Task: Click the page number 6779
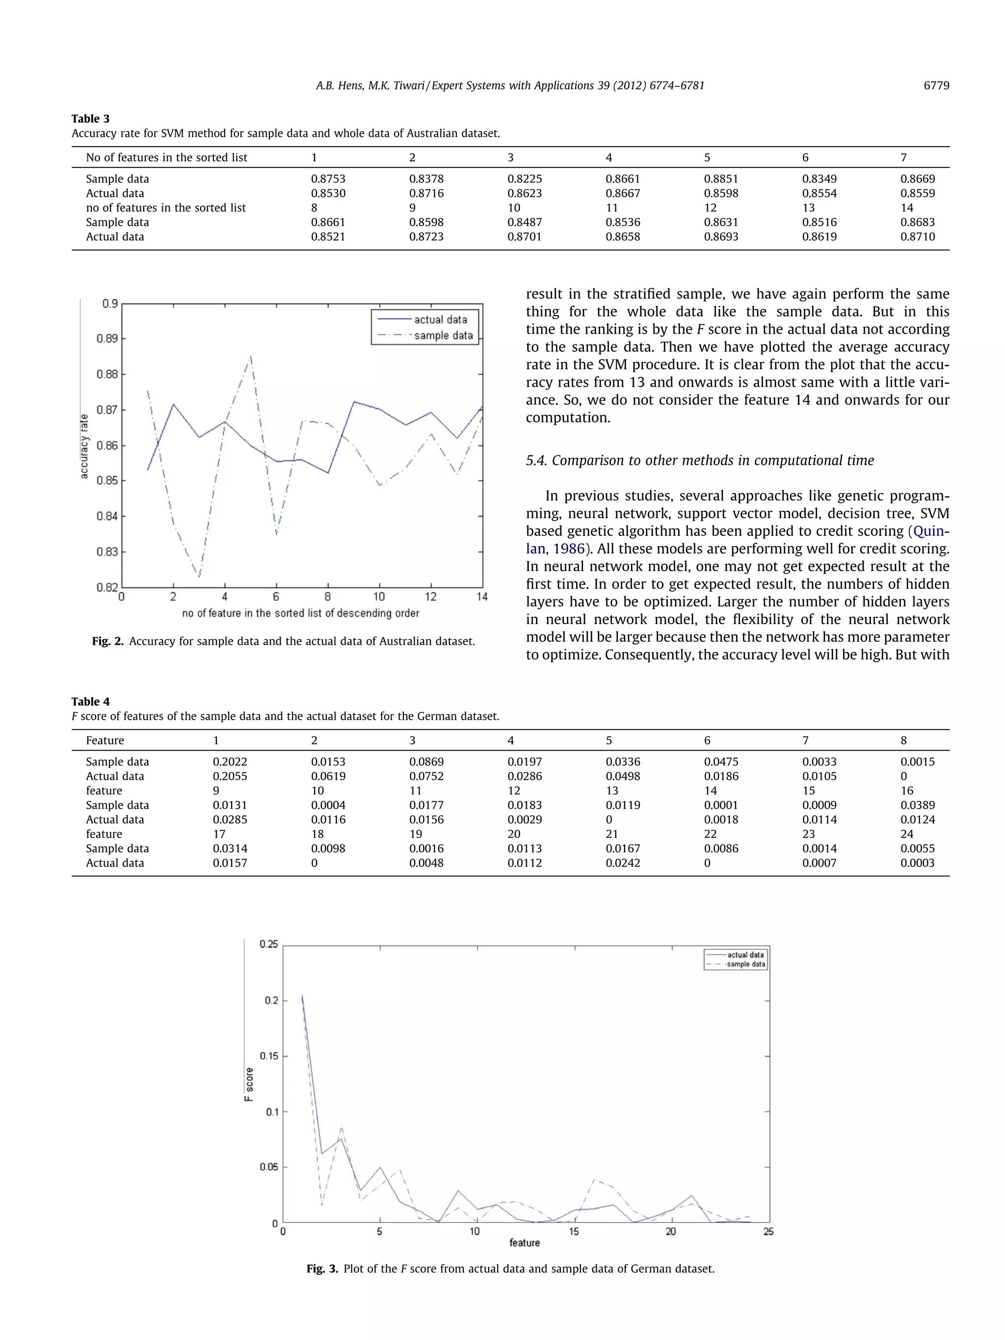click(936, 85)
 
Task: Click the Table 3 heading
click(90, 119)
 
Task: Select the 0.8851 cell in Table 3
click(720, 179)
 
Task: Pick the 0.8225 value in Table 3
click(524, 179)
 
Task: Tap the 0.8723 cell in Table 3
click(426, 237)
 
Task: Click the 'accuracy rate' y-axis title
click(84, 447)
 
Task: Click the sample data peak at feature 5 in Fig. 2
click(251, 356)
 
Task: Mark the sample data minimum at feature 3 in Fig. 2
click(199, 576)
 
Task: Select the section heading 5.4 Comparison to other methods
click(700, 460)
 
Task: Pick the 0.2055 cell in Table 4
click(230, 776)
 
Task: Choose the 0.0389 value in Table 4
click(917, 805)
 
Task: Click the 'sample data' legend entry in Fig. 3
click(746, 964)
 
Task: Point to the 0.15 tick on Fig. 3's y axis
click(268, 1056)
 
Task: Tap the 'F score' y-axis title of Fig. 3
click(249, 1084)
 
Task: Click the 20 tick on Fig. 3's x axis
click(671, 1232)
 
